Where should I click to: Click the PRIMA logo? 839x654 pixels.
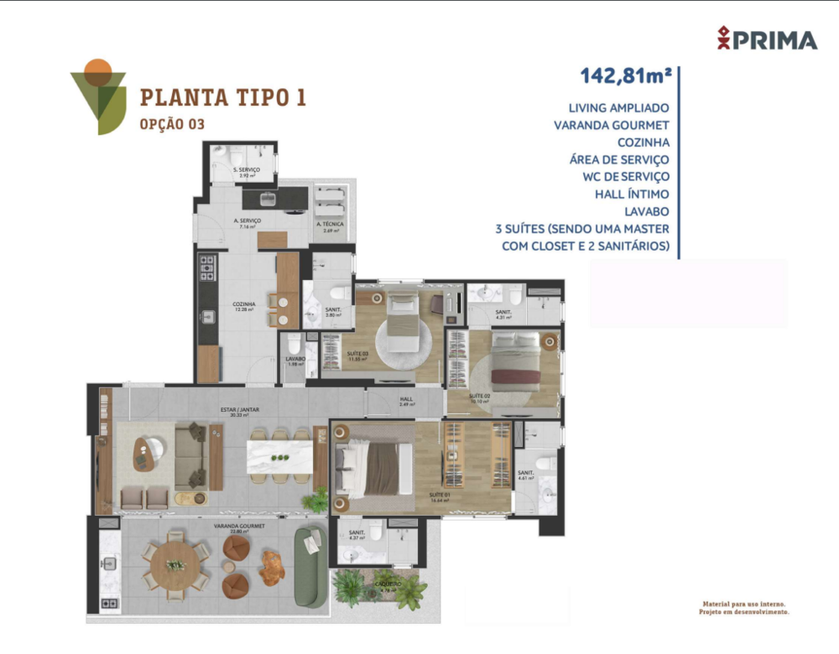pyautogui.click(x=767, y=39)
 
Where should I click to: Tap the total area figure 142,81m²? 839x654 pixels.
pyautogui.click(x=626, y=76)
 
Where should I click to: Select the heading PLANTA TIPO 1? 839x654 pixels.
pyautogui.click(x=222, y=97)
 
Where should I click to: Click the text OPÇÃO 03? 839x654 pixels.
pyautogui.click(x=172, y=124)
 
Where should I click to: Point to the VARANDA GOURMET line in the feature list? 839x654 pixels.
pyautogui.click(x=611, y=125)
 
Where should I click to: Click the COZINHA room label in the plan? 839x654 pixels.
pyautogui.click(x=245, y=305)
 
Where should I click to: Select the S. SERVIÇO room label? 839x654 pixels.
pyautogui.click(x=248, y=171)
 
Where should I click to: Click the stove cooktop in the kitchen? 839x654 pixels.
pyautogui.click(x=206, y=267)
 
